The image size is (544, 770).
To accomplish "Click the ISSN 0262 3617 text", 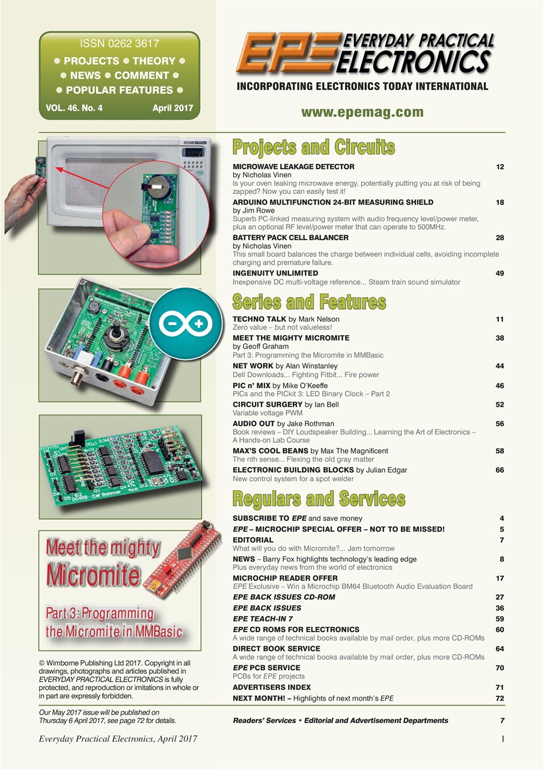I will point(119,44).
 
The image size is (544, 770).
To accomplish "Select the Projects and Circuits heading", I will point(313,147).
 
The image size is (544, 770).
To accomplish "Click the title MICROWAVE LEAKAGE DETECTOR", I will point(293,167).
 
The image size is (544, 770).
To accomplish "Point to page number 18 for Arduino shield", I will point(500,202).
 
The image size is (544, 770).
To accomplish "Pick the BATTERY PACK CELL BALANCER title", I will point(290,238).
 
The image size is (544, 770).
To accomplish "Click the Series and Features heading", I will point(309,302).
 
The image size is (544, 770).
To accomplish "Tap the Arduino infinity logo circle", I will point(186,323).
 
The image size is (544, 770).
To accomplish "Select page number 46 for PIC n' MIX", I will point(500,386).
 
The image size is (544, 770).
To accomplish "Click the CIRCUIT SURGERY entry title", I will point(267,405).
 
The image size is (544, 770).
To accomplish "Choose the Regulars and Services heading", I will point(319,499).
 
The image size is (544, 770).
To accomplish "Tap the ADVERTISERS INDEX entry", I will point(272,687).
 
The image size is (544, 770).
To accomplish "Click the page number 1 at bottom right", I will point(502,739).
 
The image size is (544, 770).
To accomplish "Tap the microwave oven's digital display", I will point(194,153).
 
